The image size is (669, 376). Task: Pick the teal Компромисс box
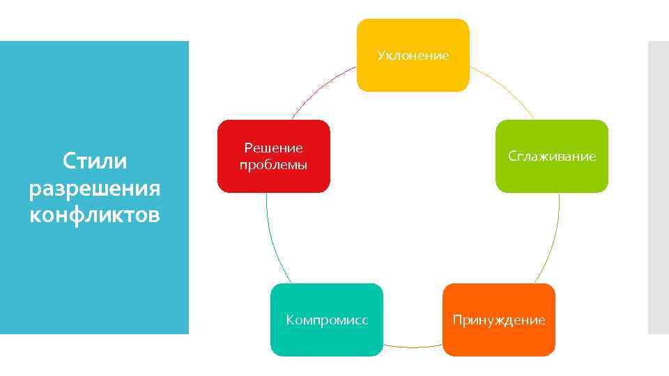tap(326, 338)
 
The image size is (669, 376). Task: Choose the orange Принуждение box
tap(498, 338)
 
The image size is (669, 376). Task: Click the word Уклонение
tap(413, 55)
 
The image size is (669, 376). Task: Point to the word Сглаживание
tap(551, 156)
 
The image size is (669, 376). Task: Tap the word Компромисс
tap(326, 320)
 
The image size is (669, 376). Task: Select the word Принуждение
tap(498, 320)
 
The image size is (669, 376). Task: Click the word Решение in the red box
tap(273, 148)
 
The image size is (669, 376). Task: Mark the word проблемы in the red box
tap(273, 165)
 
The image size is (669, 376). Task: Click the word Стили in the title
tap(95, 162)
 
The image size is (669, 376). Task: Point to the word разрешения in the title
tap(95, 188)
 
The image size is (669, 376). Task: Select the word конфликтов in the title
tap(95, 214)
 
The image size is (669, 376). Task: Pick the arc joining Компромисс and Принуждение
tap(413, 347)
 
